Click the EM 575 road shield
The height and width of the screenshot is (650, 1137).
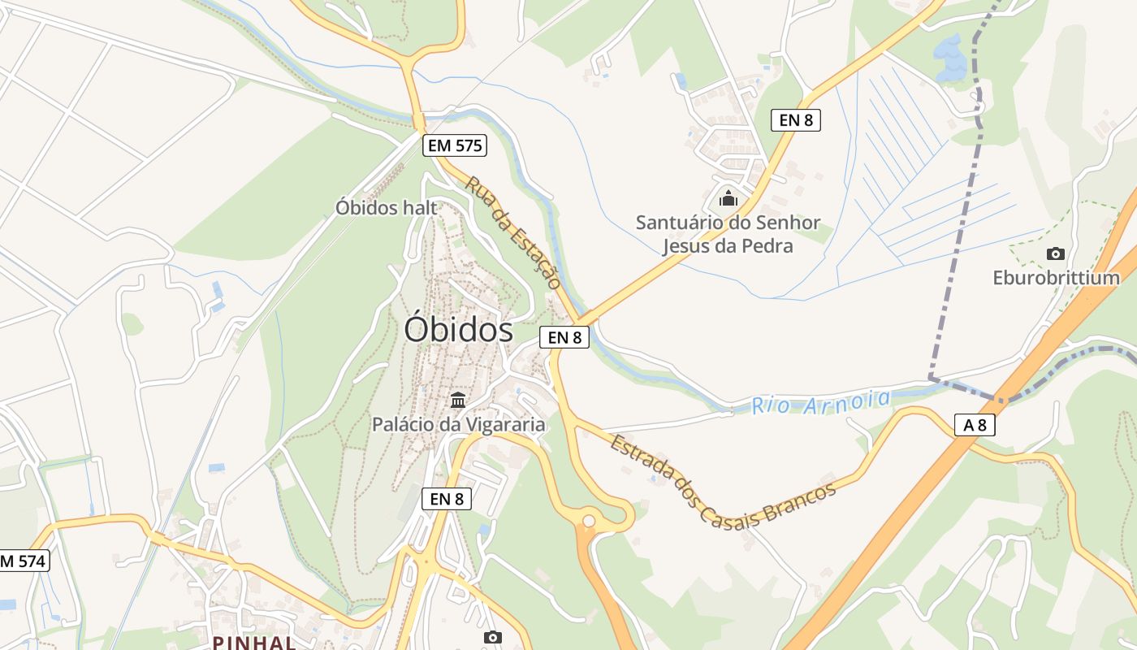(455, 146)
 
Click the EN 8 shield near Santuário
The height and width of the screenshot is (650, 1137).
(796, 120)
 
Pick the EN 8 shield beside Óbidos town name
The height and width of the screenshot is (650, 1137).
(564, 337)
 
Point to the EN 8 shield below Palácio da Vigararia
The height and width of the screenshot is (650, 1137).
(447, 499)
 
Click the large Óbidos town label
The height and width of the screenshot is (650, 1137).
(459, 330)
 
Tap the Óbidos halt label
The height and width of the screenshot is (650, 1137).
(387, 208)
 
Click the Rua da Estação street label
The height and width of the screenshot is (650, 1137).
(513, 233)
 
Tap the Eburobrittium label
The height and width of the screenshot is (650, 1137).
(1056, 278)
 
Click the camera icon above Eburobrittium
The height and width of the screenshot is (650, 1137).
(1056, 253)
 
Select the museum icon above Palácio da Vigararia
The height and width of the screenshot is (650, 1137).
(458, 400)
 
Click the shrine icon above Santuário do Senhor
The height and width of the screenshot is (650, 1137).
(728, 198)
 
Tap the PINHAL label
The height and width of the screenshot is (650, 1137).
(254, 642)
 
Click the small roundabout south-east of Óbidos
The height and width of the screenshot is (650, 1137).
(589, 521)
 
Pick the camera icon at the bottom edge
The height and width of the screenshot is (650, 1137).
(492, 637)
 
